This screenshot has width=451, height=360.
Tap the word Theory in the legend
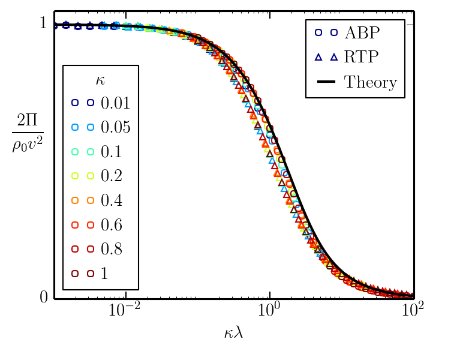pyautogui.click(x=371, y=82)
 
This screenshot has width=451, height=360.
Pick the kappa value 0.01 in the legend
pyautogui.click(x=115, y=103)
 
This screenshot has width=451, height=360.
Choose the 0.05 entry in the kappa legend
pyautogui.click(x=115, y=127)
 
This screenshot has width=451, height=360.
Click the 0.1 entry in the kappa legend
pyautogui.click(x=112, y=152)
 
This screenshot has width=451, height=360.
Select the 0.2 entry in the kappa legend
pyautogui.click(x=112, y=176)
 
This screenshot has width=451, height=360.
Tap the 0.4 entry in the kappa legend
pyautogui.click(x=112, y=200)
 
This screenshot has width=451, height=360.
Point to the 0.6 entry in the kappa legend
pyautogui.click(x=112, y=224)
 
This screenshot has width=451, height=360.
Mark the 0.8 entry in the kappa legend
pyautogui.click(x=112, y=249)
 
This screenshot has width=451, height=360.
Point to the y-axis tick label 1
pyautogui.click(x=43, y=24)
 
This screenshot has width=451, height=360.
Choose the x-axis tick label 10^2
pyautogui.click(x=413, y=311)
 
